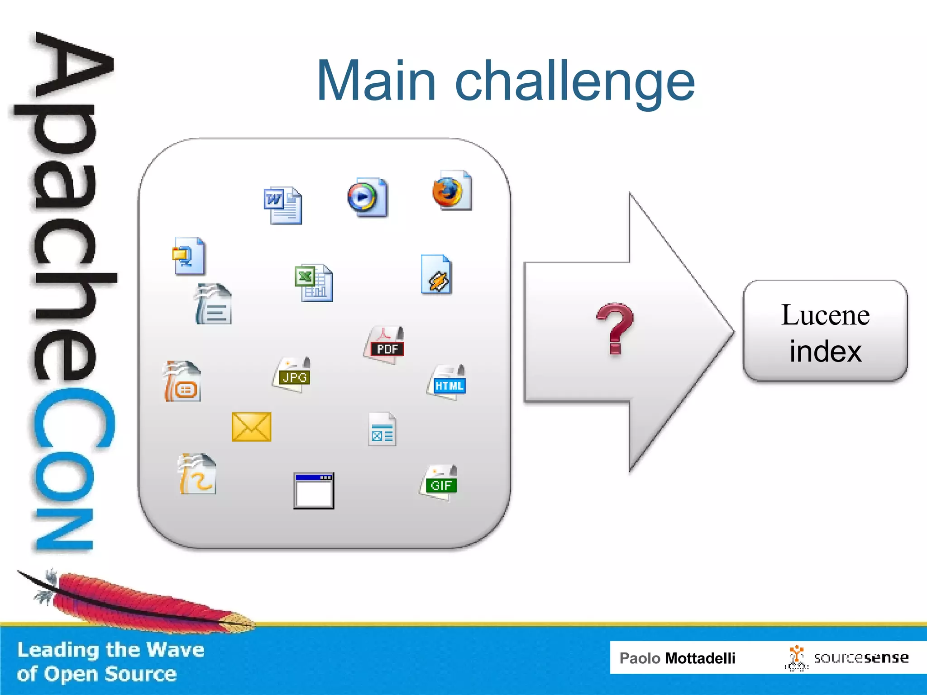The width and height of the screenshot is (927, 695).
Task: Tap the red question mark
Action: coord(615,328)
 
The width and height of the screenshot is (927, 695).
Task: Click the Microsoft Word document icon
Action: coord(283,205)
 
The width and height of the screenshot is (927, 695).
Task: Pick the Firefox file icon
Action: coord(452,190)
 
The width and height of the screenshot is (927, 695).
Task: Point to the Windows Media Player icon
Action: coord(368,197)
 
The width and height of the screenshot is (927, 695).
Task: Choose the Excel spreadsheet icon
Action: coord(314,283)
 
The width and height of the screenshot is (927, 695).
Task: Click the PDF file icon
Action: coord(384,345)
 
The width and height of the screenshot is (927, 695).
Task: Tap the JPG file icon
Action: coord(292,375)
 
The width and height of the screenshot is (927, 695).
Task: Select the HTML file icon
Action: coord(447,383)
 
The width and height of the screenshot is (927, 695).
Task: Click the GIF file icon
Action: coord(439,483)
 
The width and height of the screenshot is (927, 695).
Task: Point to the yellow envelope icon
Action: coord(251,427)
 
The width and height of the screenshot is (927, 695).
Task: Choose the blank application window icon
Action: coord(314,491)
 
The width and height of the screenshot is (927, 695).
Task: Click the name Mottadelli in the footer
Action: coord(700,658)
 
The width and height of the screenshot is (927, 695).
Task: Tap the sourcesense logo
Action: coord(846,658)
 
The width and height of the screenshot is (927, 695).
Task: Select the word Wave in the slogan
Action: coord(175,650)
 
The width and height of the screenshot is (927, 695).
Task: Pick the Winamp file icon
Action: coord(436,275)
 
